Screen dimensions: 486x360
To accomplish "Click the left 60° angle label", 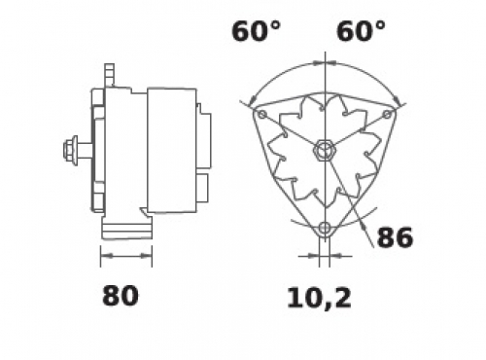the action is click(256, 31).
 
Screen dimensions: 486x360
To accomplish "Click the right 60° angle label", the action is click(361, 31).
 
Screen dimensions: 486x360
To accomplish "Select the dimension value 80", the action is click(121, 296).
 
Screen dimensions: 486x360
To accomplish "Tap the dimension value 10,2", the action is click(319, 298).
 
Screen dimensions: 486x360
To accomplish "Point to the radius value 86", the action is click(395, 237).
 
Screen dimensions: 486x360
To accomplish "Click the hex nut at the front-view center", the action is click(325, 151).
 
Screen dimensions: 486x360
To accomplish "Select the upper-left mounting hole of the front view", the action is click(262, 114).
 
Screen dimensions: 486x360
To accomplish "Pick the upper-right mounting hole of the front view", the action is click(388, 114).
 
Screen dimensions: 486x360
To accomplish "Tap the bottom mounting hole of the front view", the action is click(325, 228).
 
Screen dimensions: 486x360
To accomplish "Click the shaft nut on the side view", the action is click(69, 151).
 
